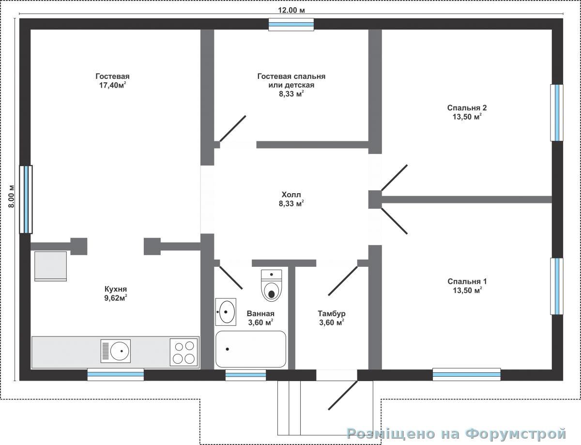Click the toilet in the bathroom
[272, 285]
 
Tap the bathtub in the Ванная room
[251, 349]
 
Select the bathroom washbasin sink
[226, 312]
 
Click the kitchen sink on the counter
[116, 351]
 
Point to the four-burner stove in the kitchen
[183, 352]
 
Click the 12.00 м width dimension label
[291, 10]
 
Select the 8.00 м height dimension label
[11, 196]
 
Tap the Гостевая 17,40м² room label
[112, 81]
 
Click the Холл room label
[291, 194]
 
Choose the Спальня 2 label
[467, 107]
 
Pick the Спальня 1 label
[467, 281]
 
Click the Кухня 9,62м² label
[116, 293]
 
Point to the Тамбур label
[332, 313]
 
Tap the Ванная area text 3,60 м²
[260, 322]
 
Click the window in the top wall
[291, 24]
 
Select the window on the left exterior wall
[26, 199]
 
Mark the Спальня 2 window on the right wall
[557, 112]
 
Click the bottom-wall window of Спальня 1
[467, 374]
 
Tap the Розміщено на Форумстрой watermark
[457, 433]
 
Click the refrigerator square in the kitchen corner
[50, 266]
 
